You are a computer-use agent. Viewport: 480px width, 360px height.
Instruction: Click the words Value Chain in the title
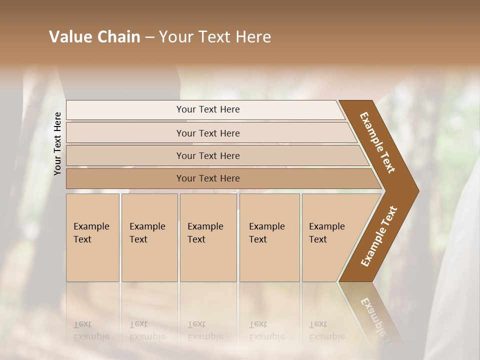tap(94, 37)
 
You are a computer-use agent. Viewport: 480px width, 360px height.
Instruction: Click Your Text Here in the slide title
tap(215, 37)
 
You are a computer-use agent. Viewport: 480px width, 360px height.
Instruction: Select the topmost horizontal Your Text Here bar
tap(208, 109)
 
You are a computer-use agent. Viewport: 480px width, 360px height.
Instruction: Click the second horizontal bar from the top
tap(208, 133)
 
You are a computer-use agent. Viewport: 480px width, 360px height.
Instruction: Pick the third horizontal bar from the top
tap(208, 155)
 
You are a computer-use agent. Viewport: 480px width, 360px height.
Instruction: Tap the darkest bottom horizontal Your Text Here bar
tap(208, 178)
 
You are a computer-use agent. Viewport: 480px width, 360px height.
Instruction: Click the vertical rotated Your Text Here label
tap(57, 143)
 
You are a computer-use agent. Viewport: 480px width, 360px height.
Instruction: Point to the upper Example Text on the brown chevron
tap(377, 142)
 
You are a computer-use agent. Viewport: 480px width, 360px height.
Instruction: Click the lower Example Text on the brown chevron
tap(378, 236)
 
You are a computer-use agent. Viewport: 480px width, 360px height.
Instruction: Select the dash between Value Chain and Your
tap(149, 37)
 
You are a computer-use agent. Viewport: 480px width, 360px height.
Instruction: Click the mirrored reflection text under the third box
tap(205, 331)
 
